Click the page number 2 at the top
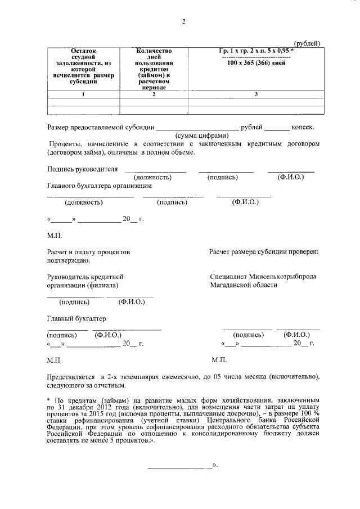[x=183, y=22]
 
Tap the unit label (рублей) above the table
[x=308, y=44]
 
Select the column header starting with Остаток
[x=84, y=66]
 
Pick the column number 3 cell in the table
[x=256, y=94]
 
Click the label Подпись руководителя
[x=83, y=169]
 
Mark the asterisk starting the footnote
[x=48, y=398]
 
